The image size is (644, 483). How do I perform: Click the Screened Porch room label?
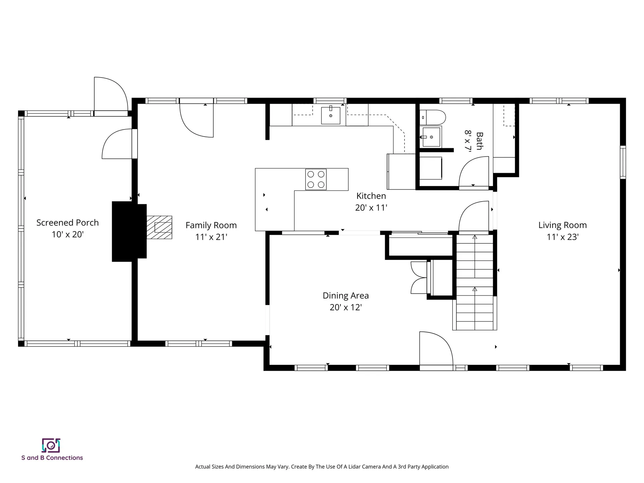[67, 223]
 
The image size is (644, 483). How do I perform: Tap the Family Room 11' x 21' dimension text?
[211, 237]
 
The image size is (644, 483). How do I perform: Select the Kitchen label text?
[371, 196]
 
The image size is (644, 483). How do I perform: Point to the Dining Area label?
[345, 296]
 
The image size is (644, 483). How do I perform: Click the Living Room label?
[562, 225]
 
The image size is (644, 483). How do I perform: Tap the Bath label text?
[479, 141]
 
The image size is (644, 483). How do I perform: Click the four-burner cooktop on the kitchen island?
[316, 179]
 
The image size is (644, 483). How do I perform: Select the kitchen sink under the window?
[330, 115]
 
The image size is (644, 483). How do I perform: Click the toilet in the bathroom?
[433, 117]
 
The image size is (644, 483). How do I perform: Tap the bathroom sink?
[431, 137]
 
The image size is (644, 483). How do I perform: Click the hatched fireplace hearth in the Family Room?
[160, 227]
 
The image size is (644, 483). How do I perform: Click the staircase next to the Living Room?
[475, 282]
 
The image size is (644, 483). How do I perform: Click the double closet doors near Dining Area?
[418, 278]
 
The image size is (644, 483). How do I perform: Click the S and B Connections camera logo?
[51, 445]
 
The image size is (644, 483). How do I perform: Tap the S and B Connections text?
[52, 458]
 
